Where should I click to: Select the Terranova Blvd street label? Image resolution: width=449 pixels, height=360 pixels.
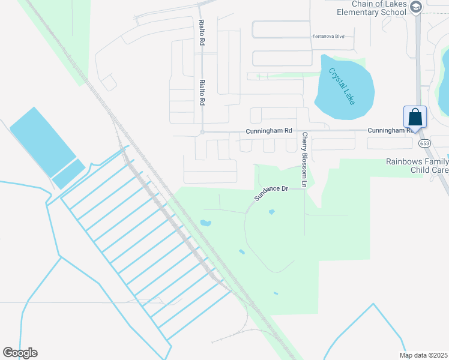coord(328,37)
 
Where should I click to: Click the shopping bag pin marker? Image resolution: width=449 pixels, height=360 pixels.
coord(415,116)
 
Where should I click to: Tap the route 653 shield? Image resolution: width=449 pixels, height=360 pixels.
coord(426,142)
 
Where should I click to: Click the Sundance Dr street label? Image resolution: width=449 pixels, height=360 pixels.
coord(271,193)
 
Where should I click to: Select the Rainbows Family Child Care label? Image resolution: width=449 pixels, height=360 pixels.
coord(417,166)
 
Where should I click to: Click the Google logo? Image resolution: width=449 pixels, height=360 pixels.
coord(20,353)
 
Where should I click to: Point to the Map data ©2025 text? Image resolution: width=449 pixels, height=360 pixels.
coord(423,355)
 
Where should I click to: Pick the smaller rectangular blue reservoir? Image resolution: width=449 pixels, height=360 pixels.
coord(68,174)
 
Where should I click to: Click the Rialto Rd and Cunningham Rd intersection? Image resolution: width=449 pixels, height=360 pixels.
coord(203,132)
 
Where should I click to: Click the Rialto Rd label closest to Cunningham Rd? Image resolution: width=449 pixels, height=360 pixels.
coord(202,92)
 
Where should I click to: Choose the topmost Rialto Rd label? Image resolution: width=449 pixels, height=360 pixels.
coord(202,33)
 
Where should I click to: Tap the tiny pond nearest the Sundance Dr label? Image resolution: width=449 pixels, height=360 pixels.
coord(271,212)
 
